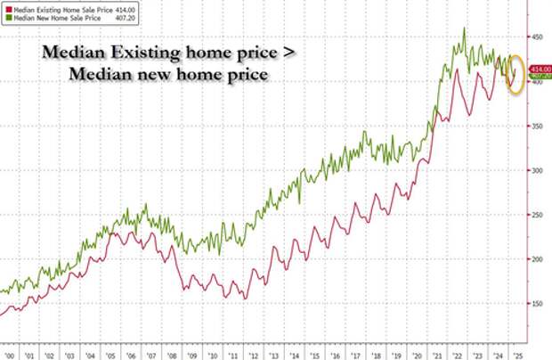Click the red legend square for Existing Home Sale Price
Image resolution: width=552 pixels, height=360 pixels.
[x=7, y=5]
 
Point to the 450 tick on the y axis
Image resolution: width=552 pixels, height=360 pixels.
[x=538, y=37]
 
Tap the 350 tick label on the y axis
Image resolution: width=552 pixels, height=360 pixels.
[x=538, y=127]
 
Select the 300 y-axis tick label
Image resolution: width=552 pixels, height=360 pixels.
[x=538, y=170]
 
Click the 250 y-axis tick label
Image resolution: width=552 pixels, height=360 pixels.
[x=538, y=215]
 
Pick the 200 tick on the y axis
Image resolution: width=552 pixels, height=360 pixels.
[x=538, y=259]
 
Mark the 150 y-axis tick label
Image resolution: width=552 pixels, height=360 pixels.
[x=538, y=304]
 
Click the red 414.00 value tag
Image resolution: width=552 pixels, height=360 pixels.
[x=540, y=69]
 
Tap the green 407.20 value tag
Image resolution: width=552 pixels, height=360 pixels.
[x=540, y=77]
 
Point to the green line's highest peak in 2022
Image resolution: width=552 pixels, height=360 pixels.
[x=465, y=29]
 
